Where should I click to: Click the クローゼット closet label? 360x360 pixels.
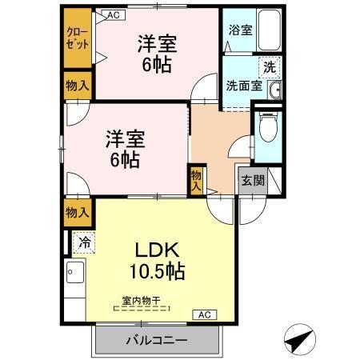point(78,38)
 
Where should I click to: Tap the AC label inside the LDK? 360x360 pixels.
point(204,314)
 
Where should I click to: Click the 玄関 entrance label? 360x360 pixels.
point(250,181)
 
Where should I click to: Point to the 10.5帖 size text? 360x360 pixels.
point(157,271)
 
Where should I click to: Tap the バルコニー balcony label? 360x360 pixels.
point(156,339)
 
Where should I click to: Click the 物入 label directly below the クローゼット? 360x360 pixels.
point(78,85)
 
